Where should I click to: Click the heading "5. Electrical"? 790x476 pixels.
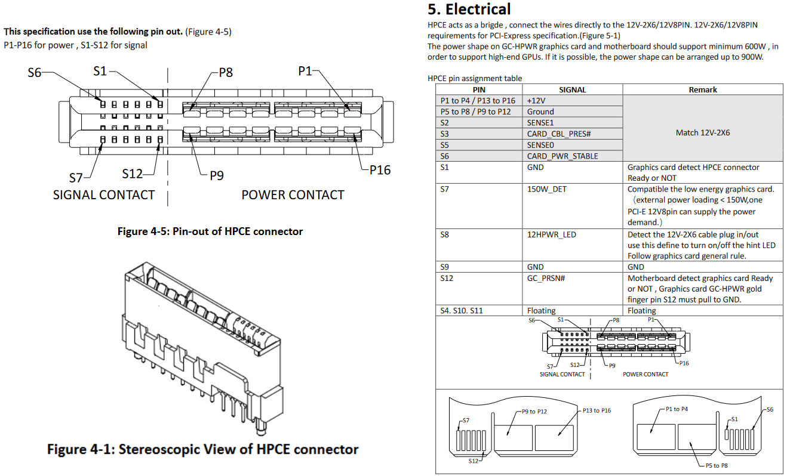click(469, 10)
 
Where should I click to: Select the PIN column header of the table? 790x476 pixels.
click(479, 89)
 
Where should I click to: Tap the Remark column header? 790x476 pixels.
click(702, 89)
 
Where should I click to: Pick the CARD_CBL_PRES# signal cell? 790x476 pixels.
click(559, 134)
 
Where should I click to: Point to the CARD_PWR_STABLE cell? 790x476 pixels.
click(562, 156)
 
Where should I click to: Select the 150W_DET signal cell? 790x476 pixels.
click(546, 189)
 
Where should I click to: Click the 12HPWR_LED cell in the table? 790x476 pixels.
click(551, 234)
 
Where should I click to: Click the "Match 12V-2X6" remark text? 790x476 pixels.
click(702, 132)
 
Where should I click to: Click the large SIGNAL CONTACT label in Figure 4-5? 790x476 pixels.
click(104, 195)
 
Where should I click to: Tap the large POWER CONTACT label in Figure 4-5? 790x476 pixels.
click(293, 195)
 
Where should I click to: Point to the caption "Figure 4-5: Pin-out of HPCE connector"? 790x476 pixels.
click(210, 231)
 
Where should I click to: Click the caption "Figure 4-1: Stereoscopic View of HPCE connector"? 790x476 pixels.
click(202, 449)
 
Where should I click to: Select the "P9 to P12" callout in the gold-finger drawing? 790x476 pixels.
click(534, 411)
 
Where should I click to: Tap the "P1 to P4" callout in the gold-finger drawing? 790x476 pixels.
click(677, 409)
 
